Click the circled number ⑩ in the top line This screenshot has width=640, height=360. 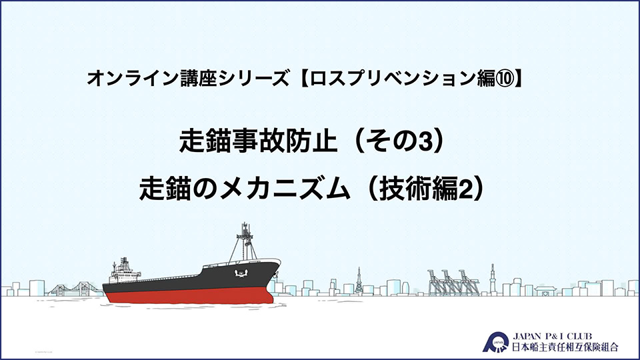pos(505,79)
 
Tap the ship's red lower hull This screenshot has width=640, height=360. pos(189,295)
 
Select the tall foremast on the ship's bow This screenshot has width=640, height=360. pos(245,242)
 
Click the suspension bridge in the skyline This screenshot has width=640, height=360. pos(75,289)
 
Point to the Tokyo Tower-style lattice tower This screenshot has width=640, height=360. pos(359,281)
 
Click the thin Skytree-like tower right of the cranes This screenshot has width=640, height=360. pos(493,279)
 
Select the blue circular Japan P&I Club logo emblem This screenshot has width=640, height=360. pos(496,343)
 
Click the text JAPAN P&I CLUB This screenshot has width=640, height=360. pos(552,336)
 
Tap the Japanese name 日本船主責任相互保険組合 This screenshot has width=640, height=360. pos(565,347)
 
